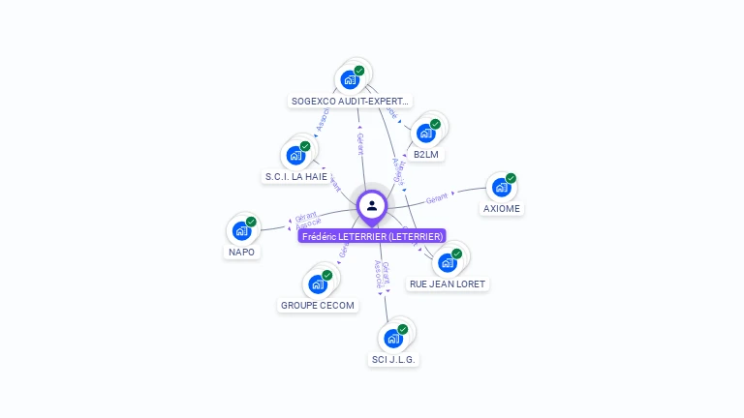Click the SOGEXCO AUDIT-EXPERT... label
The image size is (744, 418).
click(x=351, y=101)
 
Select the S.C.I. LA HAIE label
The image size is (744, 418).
click(x=296, y=176)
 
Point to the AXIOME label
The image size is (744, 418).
click(x=502, y=208)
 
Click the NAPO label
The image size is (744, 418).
click(x=242, y=252)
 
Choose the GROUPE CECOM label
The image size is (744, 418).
click(x=318, y=305)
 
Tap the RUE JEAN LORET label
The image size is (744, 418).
click(x=448, y=284)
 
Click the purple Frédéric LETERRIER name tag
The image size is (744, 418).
click(x=373, y=236)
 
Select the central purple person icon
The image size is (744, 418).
click(x=372, y=205)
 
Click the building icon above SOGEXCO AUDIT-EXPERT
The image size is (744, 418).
click(x=350, y=79)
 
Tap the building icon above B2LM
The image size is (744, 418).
click(x=425, y=133)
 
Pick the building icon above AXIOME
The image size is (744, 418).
click(x=501, y=187)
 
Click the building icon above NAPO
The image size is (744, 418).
click(x=241, y=230)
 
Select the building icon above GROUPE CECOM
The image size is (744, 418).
click(x=317, y=284)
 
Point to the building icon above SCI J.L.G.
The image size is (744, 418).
click(x=392, y=338)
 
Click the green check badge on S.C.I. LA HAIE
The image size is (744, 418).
click(x=305, y=146)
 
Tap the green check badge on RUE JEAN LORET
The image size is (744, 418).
click(x=456, y=254)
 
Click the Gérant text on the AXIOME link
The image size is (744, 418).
click(x=438, y=196)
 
